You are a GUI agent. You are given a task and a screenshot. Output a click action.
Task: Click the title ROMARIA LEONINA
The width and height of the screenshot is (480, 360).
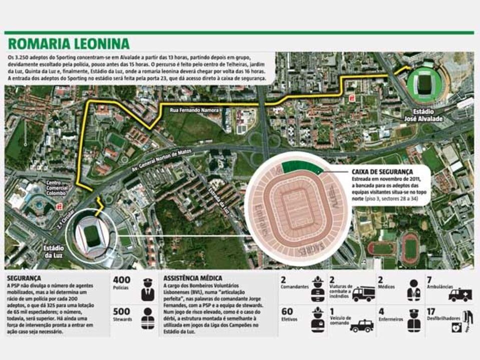69,44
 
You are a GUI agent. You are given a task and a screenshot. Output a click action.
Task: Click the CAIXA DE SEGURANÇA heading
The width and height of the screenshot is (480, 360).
383,171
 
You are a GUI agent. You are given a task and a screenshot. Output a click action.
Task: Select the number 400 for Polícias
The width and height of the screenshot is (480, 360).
122,280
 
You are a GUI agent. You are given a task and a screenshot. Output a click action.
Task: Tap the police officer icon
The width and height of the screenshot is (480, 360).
147,289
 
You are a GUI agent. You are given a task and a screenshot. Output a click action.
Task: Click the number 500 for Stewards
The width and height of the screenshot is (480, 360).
122,310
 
